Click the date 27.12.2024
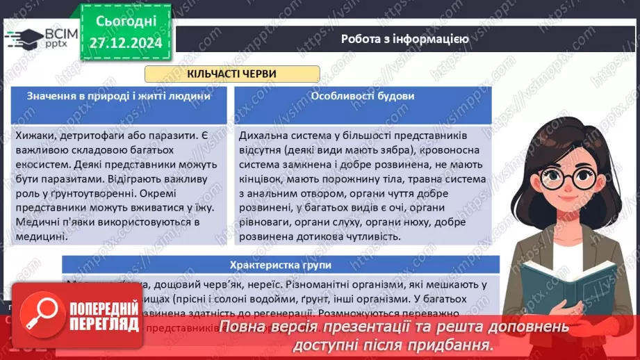(125, 42)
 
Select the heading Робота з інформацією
(404, 39)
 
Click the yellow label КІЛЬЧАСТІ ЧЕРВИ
(231, 74)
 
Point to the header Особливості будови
(363, 97)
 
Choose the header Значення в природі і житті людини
(118, 97)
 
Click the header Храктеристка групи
(281, 265)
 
